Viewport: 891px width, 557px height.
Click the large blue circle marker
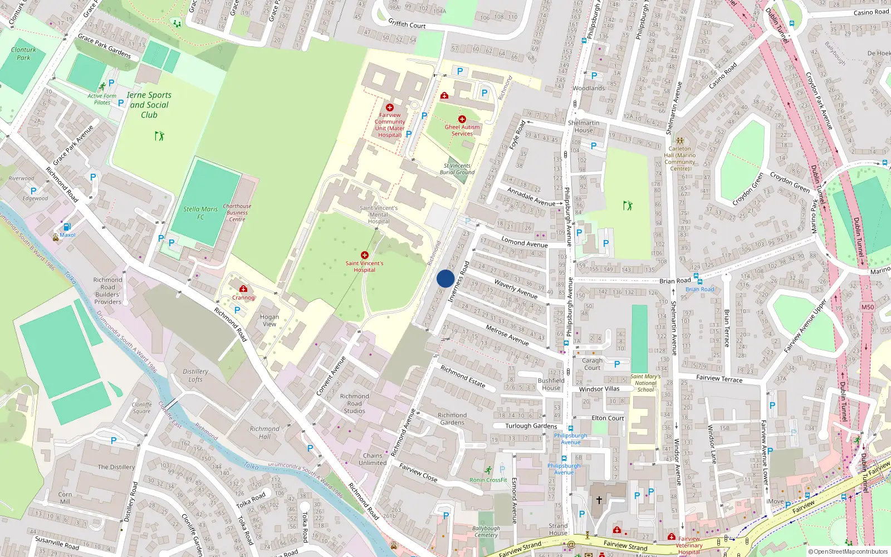(x=445, y=278)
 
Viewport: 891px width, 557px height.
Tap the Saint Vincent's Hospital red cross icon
(x=365, y=255)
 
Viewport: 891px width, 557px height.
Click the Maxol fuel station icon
(x=67, y=227)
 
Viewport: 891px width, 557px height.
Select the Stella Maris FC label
(x=200, y=213)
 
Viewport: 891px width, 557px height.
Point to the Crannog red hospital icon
(x=243, y=289)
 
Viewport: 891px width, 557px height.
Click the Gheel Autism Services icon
(x=462, y=119)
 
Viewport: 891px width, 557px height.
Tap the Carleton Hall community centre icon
(x=679, y=141)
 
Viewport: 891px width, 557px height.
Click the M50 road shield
(x=867, y=307)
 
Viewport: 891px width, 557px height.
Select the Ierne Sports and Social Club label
(x=149, y=105)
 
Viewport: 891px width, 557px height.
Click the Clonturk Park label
(x=23, y=53)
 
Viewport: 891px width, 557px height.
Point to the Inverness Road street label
(x=459, y=282)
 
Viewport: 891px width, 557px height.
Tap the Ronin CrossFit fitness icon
(x=488, y=470)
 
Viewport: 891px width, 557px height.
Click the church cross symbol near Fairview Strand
(x=599, y=500)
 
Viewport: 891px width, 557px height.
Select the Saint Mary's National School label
(x=645, y=383)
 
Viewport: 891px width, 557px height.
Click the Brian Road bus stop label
(x=699, y=289)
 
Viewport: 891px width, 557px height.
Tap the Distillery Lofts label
(x=195, y=375)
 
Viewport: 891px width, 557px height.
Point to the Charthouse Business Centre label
(x=237, y=213)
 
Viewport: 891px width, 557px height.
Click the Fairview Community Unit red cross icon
(x=389, y=108)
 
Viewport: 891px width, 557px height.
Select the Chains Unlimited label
(x=373, y=459)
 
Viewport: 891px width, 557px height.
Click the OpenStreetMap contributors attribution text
(x=848, y=551)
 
